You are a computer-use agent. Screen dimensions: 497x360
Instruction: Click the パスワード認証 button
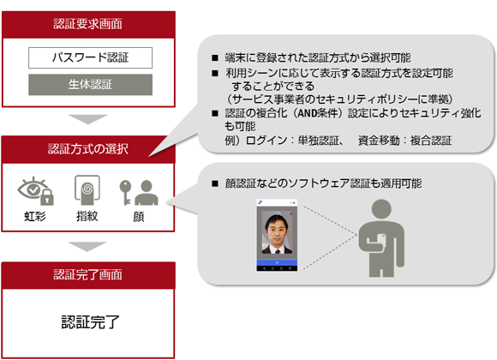(90, 57)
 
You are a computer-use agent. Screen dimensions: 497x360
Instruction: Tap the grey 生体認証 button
(90, 85)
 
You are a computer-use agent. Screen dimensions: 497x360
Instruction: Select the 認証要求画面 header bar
(88, 24)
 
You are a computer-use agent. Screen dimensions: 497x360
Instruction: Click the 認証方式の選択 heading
(88, 149)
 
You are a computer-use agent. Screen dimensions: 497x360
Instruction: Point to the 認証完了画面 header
(88, 274)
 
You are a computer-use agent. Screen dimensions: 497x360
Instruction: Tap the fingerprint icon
(87, 189)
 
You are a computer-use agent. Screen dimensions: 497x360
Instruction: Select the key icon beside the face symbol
(125, 192)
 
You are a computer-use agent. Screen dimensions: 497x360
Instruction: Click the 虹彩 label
(35, 217)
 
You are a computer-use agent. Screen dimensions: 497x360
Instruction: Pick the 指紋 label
(87, 216)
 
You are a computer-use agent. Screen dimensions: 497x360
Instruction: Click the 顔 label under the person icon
(139, 217)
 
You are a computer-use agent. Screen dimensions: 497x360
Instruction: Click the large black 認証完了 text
(90, 322)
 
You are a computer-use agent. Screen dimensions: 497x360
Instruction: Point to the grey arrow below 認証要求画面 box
(88, 119)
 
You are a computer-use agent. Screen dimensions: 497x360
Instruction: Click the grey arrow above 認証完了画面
(87, 247)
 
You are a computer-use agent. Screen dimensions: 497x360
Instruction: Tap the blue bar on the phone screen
(277, 262)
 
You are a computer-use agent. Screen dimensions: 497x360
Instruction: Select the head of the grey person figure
(381, 209)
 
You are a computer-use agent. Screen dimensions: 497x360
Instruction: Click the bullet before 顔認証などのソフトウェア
(215, 183)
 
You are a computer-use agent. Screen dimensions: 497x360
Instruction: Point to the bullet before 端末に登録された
(215, 57)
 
